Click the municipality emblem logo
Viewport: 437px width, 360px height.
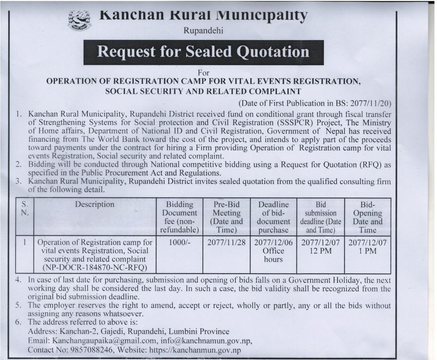[x=79, y=21]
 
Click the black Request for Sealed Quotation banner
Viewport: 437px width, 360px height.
[x=203, y=52]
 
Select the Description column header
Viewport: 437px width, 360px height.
[x=95, y=205]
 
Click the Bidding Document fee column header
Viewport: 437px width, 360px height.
[x=180, y=217]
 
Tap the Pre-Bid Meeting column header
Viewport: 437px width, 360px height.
[x=224, y=217]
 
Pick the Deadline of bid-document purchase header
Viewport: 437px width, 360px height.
[x=274, y=217]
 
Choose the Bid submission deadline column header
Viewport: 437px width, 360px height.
[x=320, y=217]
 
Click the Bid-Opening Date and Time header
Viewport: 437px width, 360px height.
[x=365, y=217]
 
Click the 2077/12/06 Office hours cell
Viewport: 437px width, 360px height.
[x=274, y=250]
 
